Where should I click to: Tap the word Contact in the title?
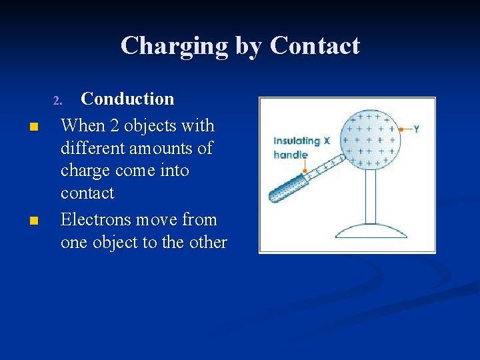pyautogui.click(x=315, y=46)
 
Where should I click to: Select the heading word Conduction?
pyautogui.click(x=127, y=99)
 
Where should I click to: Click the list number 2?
pyautogui.click(x=57, y=101)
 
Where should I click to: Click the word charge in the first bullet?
pyautogui.click(x=85, y=171)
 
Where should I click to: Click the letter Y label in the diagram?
pyautogui.click(x=417, y=128)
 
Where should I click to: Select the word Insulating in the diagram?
pyautogui.click(x=297, y=141)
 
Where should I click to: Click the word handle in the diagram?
pyautogui.click(x=290, y=155)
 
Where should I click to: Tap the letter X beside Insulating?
pyautogui.click(x=327, y=141)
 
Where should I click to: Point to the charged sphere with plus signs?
pyautogui.click(x=370, y=139)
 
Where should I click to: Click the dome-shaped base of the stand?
pyautogui.click(x=371, y=231)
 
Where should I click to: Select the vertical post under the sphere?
pyautogui.click(x=371, y=196)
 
